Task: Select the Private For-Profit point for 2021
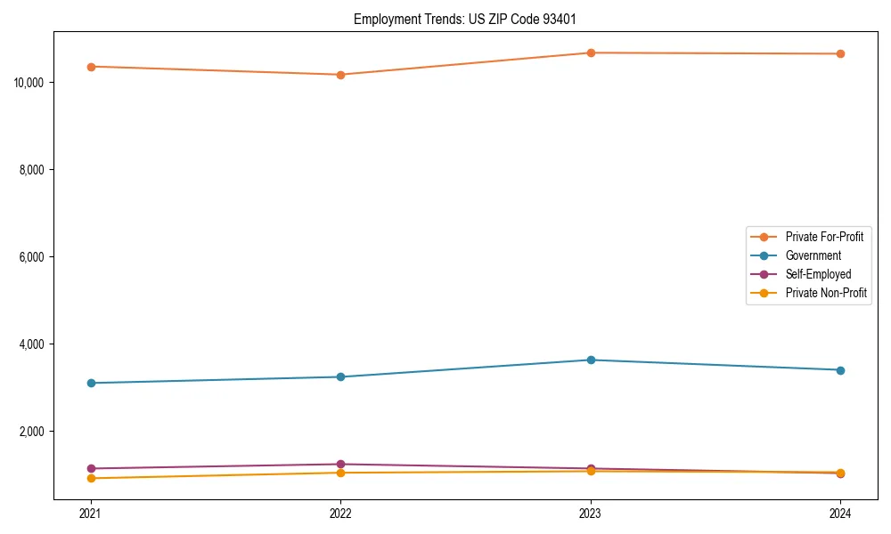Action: coord(91,67)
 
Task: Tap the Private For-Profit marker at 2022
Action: coord(340,75)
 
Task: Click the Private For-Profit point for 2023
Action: coord(591,53)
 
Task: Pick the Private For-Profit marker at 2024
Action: coord(840,53)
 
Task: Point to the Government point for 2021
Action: coord(91,383)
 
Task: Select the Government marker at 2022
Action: coord(340,376)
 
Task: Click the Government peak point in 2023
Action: coord(591,360)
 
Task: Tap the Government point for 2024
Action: coord(840,370)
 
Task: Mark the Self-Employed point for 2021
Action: coord(91,468)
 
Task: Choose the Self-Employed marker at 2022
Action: coord(340,464)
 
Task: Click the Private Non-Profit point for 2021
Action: coord(91,478)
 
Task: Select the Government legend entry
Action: coord(813,255)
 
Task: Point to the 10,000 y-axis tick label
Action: coord(31,83)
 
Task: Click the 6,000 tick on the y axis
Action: coord(34,257)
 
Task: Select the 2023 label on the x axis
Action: coord(591,513)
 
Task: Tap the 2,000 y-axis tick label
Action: coord(34,432)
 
